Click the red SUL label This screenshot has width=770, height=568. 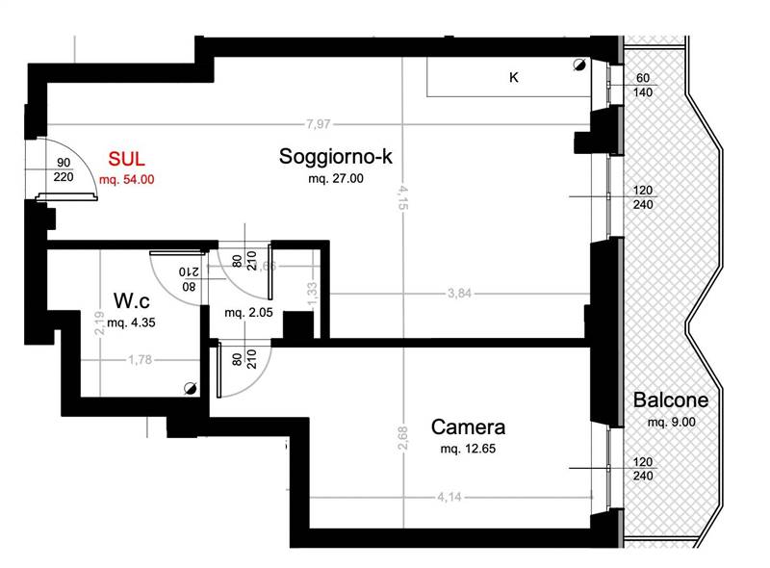point(126,159)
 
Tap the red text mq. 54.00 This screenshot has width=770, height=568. point(127,179)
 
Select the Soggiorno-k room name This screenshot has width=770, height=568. point(336,156)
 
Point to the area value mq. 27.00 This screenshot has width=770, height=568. point(336,178)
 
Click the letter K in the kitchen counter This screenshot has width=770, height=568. point(514,77)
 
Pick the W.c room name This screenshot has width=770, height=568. point(132,300)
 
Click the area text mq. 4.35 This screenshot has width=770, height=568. point(131,323)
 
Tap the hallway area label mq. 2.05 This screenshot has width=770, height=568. point(248,313)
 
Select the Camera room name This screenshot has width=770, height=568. point(468,427)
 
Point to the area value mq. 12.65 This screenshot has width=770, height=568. point(468,449)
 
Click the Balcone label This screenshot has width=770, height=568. point(671,400)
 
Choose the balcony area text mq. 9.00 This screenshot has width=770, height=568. point(671,422)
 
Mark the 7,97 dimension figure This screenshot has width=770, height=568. point(319,124)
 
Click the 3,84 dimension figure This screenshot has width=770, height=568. point(460,294)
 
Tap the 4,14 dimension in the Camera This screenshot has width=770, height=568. point(449,497)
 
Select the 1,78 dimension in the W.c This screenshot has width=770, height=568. point(140,360)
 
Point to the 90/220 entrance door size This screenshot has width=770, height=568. point(64,169)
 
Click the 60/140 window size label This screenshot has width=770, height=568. point(643,85)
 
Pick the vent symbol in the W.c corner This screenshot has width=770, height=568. point(190,389)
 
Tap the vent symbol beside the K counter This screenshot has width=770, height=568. point(579,65)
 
